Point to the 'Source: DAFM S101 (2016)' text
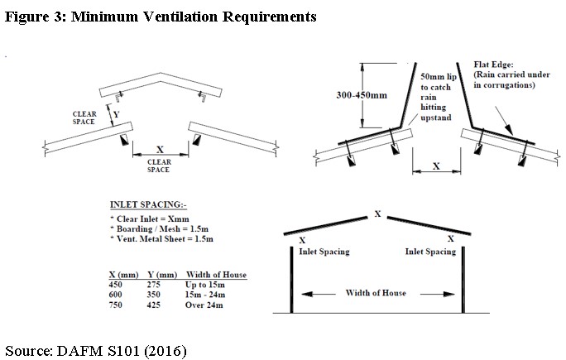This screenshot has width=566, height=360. click(x=97, y=350)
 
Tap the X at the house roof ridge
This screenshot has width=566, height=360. click(x=377, y=214)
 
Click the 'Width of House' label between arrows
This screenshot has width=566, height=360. click(x=377, y=293)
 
